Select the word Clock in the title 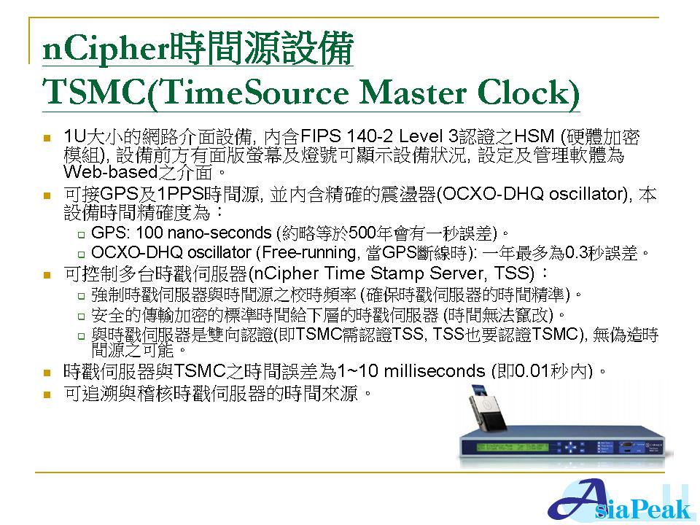[528, 93]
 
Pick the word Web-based [111, 171]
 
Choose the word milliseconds [435, 371]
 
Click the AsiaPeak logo [621, 501]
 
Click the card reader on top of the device [486, 409]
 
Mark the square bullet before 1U [47, 138]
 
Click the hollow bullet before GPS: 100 [81, 234]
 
